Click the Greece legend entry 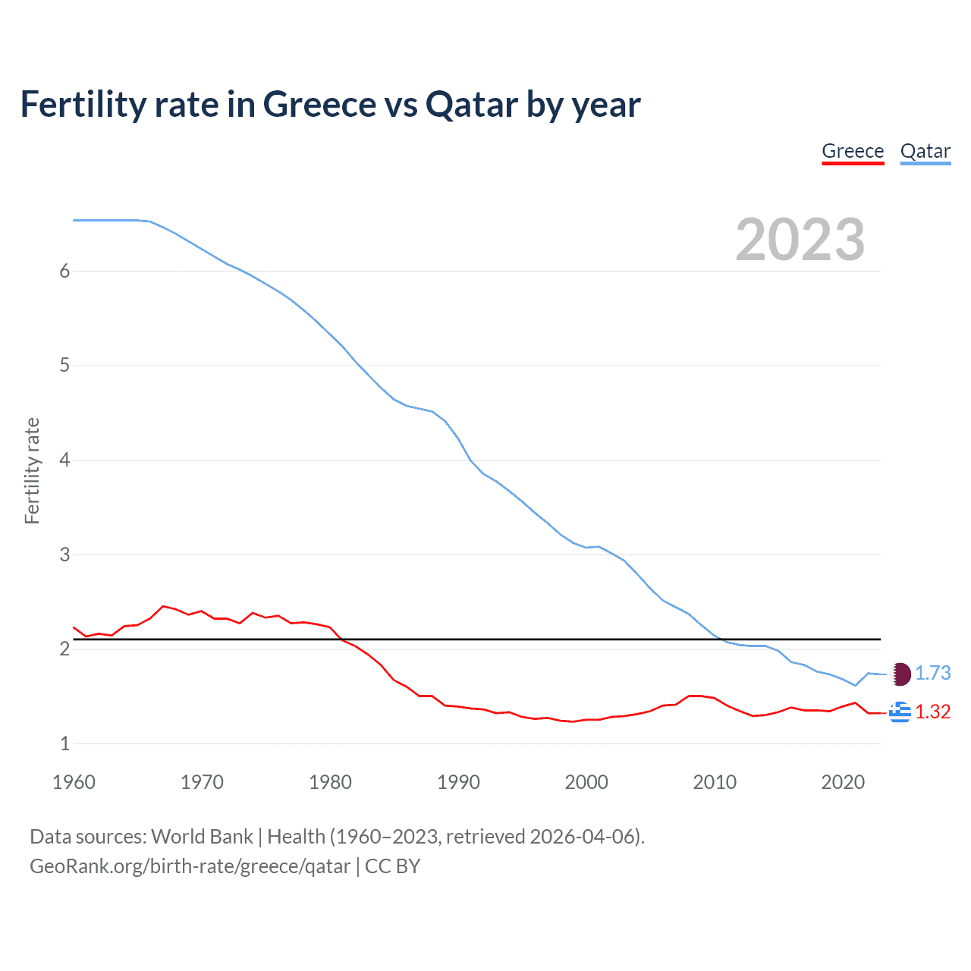853,151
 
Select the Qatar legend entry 925,151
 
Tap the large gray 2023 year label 800,240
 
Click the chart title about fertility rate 330,104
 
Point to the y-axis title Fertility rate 32,470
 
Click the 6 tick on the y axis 64,272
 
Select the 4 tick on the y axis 64,460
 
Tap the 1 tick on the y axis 64,744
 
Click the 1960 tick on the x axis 74,782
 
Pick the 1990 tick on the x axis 458,782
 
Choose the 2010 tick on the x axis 715,782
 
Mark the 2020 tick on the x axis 843,782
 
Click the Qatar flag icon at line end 900,674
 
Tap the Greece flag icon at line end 900,712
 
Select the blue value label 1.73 932,674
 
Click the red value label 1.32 932,712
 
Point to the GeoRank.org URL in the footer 190,866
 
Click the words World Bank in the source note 202,837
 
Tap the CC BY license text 392,866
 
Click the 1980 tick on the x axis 330,782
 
